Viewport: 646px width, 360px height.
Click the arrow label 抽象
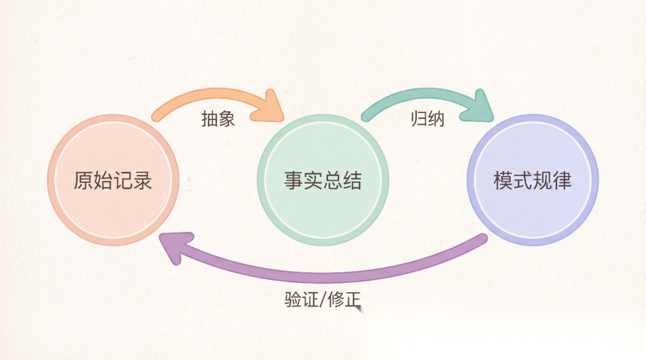click(218, 119)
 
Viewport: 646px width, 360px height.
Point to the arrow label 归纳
click(428, 119)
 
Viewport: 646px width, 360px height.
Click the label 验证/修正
click(323, 299)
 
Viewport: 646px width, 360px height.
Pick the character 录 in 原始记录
click(143, 180)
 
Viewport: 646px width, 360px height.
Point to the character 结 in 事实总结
click(352, 180)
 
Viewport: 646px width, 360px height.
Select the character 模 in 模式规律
click(503, 180)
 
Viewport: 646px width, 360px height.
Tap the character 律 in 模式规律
click(562, 180)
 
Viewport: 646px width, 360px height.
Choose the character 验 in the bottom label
click(293, 299)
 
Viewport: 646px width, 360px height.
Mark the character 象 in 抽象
click(227, 119)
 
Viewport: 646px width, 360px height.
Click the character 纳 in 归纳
click(437, 119)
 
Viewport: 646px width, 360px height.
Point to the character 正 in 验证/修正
click(353, 299)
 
